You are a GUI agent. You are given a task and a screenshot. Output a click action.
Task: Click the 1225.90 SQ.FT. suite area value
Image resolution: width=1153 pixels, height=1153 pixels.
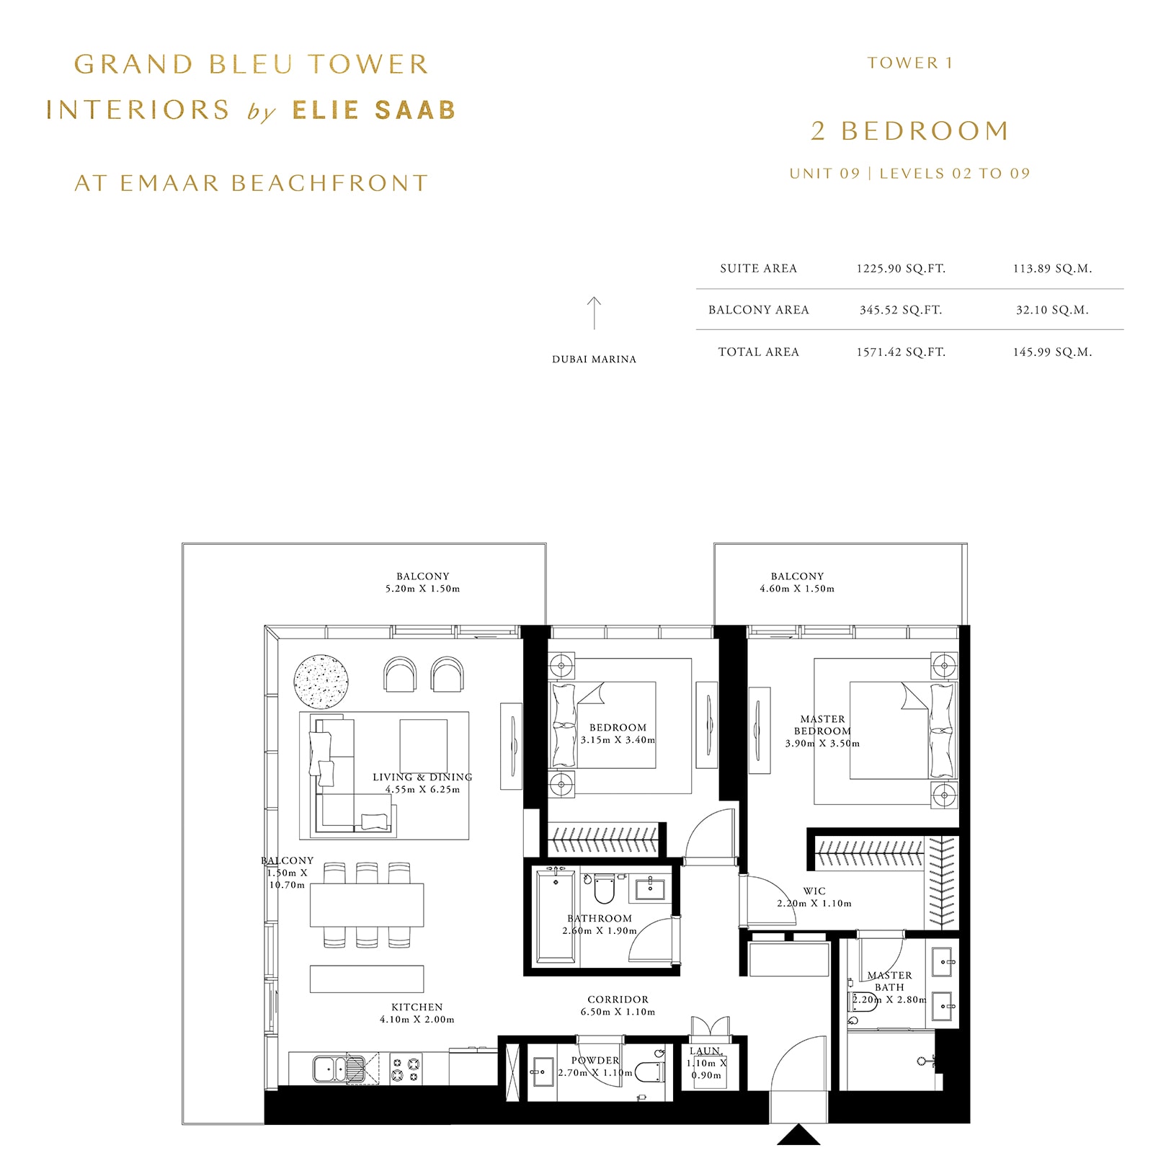point(901,269)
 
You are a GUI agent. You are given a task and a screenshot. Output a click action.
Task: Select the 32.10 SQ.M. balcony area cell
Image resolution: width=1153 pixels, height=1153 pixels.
point(1052,310)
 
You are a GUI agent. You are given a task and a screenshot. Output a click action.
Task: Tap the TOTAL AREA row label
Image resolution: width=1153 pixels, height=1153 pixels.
point(758,352)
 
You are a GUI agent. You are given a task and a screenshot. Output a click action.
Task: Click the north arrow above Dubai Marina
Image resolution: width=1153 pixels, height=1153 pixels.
point(594,313)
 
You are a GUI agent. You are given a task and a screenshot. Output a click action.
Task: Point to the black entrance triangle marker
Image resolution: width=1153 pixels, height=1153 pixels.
point(798,1135)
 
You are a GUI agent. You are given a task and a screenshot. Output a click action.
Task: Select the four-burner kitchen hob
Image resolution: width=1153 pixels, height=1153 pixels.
point(406,1069)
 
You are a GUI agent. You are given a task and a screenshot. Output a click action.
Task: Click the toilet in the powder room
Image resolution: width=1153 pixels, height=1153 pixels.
point(650,1072)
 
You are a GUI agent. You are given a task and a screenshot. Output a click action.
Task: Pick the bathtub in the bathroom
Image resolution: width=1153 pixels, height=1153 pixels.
point(556,917)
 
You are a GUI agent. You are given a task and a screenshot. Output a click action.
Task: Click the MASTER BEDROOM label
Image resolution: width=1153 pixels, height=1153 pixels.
point(822,725)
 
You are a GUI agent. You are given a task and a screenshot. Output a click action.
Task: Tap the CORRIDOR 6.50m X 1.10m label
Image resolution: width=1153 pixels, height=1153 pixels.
point(618,1005)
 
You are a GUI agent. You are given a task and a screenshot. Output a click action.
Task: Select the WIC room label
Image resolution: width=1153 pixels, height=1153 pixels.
point(814,891)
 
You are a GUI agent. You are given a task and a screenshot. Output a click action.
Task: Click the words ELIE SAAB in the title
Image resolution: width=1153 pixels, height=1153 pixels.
point(374,110)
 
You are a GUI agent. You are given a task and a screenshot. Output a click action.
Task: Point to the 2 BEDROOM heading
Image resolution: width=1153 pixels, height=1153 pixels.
point(910,131)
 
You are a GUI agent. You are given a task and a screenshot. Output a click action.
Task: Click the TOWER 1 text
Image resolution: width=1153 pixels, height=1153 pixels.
point(910,63)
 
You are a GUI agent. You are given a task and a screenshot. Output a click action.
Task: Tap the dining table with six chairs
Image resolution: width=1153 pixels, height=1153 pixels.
point(367,905)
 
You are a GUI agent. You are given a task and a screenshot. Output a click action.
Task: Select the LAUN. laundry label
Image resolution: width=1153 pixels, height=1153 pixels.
point(705,1051)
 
